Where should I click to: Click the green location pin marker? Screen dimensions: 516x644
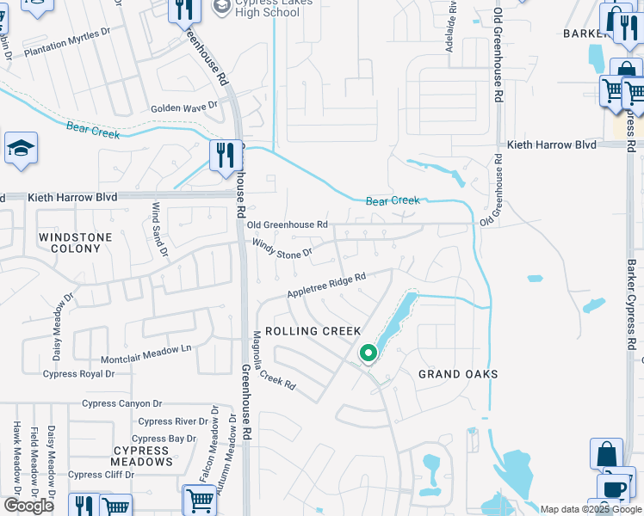(368, 353)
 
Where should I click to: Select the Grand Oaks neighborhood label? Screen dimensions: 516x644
(458, 374)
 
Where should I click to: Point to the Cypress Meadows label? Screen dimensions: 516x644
(141, 456)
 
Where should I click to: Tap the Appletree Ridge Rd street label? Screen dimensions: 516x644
(327, 283)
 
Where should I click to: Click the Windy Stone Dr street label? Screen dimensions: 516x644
(281, 253)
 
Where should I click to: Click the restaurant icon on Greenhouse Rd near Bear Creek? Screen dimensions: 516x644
(226, 155)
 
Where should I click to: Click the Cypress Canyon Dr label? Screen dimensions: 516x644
(121, 403)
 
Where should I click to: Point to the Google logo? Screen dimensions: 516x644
(28, 506)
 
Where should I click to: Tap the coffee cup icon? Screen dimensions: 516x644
(614, 488)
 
